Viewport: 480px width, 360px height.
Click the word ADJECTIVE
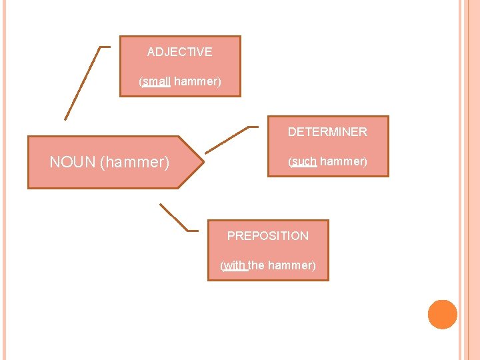179,52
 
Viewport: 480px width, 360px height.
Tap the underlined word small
157,81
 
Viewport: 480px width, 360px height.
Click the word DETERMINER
327,132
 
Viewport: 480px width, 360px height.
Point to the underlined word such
304,161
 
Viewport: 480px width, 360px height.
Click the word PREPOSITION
268,236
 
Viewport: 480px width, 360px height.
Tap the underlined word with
234,265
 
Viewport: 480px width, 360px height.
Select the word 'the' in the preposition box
257,265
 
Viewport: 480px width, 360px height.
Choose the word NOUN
73,162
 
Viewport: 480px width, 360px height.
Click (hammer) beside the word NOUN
135,162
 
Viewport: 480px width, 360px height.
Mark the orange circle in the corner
443,315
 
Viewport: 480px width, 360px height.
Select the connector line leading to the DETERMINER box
227,139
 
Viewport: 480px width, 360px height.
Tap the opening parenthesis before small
141,81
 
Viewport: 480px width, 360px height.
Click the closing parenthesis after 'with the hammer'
314,265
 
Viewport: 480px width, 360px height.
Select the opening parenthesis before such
290,161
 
